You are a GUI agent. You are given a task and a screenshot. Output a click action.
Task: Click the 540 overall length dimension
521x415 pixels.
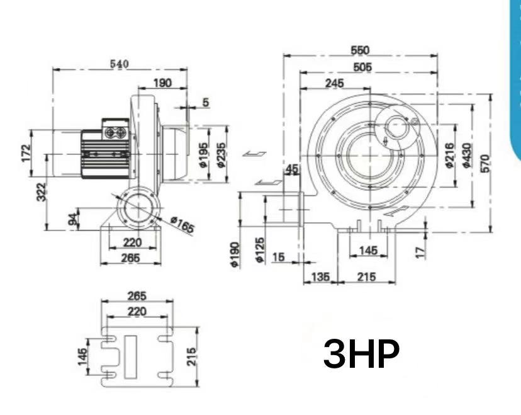(x=119, y=64)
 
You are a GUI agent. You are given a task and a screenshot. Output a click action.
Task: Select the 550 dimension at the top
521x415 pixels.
(x=360, y=50)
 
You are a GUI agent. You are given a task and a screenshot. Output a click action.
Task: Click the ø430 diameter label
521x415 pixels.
(x=466, y=155)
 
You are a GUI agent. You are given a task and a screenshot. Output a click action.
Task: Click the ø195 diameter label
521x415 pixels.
(x=203, y=154)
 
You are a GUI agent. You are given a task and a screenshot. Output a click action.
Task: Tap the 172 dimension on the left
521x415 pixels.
(x=26, y=152)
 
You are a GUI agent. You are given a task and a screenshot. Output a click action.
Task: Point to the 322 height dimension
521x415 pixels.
(x=41, y=191)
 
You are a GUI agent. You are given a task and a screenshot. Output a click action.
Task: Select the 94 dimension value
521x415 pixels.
(x=73, y=219)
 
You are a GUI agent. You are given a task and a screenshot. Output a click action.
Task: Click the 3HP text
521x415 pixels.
(x=361, y=355)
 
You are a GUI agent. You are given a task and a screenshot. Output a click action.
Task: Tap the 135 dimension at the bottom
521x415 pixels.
(x=321, y=276)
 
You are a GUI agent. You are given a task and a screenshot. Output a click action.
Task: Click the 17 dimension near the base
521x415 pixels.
(x=421, y=251)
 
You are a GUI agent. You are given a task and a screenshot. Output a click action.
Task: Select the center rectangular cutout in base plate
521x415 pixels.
(x=130, y=356)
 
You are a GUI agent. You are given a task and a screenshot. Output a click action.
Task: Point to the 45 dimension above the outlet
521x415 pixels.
(x=292, y=168)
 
